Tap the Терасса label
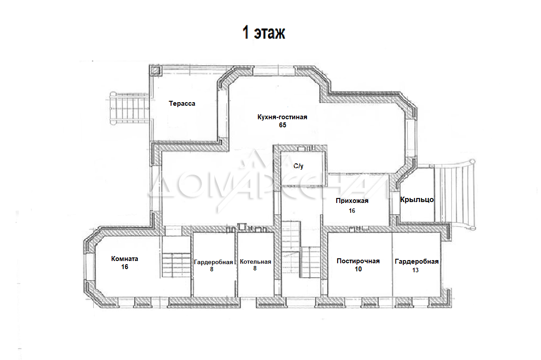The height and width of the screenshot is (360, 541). pyautogui.click(x=182, y=103)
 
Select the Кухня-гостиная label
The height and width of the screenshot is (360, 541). pyautogui.click(x=282, y=117)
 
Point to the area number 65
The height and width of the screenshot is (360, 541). pyautogui.click(x=283, y=125)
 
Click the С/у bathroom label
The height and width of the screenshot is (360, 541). pyautogui.click(x=298, y=166)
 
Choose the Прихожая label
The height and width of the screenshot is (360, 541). pyautogui.click(x=352, y=201)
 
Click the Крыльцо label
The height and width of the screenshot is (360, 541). pyautogui.click(x=417, y=200)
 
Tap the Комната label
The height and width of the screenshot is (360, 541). pyautogui.click(x=125, y=259)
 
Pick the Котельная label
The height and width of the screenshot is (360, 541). pyautogui.click(x=255, y=262)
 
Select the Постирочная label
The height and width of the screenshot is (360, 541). pyautogui.click(x=358, y=261)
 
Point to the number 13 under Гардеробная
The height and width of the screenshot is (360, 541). pyautogui.click(x=415, y=270)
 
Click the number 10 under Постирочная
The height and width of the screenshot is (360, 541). pyautogui.click(x=358, y=269)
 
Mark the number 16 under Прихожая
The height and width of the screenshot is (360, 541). pyautogui.click(x=352, y=211)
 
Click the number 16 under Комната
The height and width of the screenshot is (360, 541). pyautogui.click(x=125, y=267)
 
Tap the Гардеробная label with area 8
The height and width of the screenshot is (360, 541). pyautogui.click(x=213, y=262)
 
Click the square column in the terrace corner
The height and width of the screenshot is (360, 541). pyautogui.click(x=155, y=71)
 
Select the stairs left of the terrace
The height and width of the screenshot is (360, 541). pyautogui.click(x=129, y=108)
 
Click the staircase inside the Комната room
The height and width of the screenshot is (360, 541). pyautogui.click(x=176, y=265)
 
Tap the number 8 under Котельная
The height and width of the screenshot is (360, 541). pyautogui.click(x=255, y=269)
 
